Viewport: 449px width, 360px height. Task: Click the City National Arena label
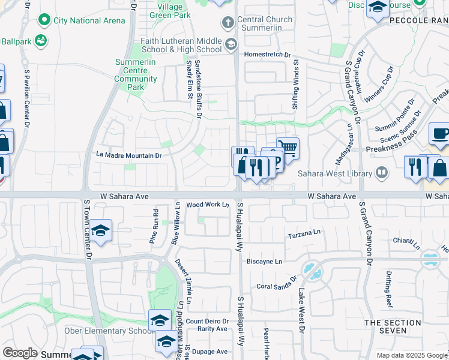coord(89,20)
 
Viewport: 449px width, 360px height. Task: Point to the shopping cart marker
coord(289,147)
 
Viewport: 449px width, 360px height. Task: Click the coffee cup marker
coord(440,134)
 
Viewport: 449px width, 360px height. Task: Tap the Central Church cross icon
coord(228,23)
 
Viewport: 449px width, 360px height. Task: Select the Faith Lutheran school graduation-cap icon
coord(231,44)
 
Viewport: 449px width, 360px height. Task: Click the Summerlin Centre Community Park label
coord(136,74)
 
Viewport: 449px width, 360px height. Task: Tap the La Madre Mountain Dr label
coord(130,155)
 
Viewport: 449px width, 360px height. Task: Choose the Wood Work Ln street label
coord(208,205)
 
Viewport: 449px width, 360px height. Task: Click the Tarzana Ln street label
coord(304,235)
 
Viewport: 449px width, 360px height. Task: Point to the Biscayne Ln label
coord(265,262)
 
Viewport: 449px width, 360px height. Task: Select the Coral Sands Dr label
coord(277,283)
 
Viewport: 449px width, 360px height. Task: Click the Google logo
coord(20,353)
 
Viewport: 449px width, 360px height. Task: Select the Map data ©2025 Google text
coord(411,355)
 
